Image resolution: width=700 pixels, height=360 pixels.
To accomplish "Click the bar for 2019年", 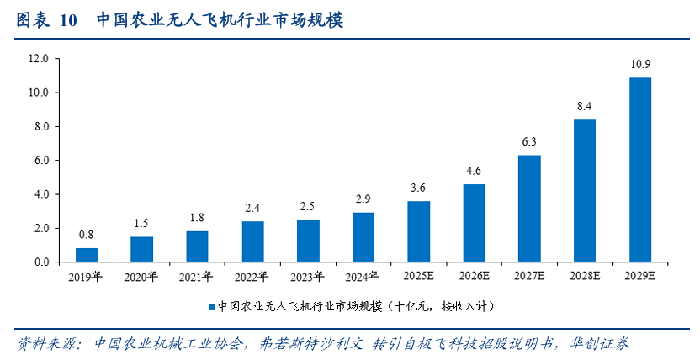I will (87, 255).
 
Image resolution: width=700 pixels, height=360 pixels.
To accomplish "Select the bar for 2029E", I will (640, 170).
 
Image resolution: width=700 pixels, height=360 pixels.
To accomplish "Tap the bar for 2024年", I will (363, 237).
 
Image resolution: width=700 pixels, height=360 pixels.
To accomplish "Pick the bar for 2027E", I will (529, 209).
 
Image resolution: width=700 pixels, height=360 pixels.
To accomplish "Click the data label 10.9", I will (640, 64).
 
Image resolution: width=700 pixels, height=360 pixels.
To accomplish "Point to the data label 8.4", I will (585, 106).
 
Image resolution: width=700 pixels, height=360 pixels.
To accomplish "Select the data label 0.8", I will (87, 235).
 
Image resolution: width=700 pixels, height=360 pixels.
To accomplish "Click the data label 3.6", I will (419, 188).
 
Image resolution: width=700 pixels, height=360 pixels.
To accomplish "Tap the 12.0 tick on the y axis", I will (38, 59).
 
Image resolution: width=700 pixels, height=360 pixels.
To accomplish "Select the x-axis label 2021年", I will (197, 275).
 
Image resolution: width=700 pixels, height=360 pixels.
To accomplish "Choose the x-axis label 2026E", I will (474, 275).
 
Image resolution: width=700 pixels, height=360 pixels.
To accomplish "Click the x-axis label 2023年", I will (308, 275).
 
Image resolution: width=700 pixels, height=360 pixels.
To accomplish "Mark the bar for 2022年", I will (252, 241).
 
